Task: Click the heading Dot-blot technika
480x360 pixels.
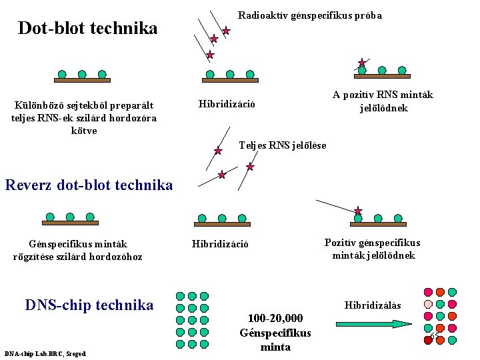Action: pyautogui.click(x=87, y=29)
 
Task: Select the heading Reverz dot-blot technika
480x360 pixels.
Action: pyautogui.click(x=88, y=185)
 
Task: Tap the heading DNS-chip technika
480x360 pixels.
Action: pyautogui.click(x=89, y=305)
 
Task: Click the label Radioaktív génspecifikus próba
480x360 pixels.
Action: pyautogui.click(x=309, y=15)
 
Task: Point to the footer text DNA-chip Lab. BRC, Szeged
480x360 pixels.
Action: pyautogui.click(x=45, y=353)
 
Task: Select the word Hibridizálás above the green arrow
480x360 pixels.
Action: pyautogui.click(x=373, y=305)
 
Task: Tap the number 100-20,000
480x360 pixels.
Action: pyautogui.click(x=275, y=318)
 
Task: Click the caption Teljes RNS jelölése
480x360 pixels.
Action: pyautogui.click(x=282, y=145)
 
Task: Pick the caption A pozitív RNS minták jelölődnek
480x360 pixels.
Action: pyautogui.click(x=382, y=101)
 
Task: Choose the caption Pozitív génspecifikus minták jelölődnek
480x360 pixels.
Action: pyautogui.click(x=372, y=249)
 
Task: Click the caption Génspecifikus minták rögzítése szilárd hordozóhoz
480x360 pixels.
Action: pyautogui.click(x=77, y=250)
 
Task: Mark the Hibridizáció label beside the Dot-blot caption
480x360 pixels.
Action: pyautogui.click(x=227, y=104)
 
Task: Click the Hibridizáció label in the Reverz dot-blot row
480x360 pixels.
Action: pyautogui.click(x=220, y=244)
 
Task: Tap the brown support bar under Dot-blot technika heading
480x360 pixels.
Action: pyautogui.click(x=81, y=80)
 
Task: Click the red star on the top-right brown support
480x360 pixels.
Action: pyautogui.click(x=362, y=63)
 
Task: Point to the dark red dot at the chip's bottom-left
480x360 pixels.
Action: pyautogui.click(x=427, y=340)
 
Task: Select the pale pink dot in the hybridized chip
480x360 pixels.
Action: pyautogui.click(x=428, y=304)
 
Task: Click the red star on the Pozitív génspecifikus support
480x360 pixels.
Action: pyautogui.click(x=358, y=211)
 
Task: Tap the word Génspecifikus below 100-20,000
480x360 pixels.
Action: pyautogui.click(x=275, y=333)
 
